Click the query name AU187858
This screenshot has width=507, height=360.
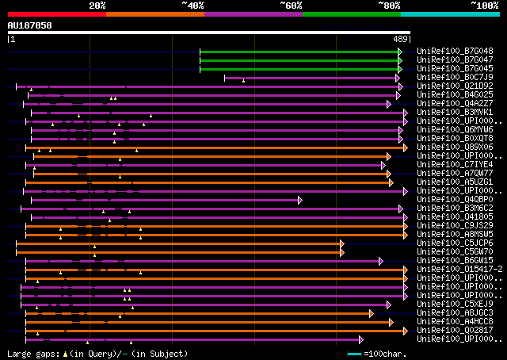coord(30,25)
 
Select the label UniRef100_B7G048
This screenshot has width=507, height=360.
coord(455,51)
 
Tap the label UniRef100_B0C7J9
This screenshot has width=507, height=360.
coord(455,77)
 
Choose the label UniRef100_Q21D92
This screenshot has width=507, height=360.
coord(455,86)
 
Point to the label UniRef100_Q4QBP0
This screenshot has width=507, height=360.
coord(455,200)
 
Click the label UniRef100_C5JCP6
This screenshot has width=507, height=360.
coord(455,243)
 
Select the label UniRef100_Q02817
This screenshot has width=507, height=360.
coord(455,331)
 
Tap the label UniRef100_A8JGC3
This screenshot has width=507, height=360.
coord(455,313)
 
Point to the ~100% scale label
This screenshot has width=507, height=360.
coord(485,5)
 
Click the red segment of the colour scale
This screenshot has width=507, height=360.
coord(56,13)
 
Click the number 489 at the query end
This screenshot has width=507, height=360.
coord(400,39)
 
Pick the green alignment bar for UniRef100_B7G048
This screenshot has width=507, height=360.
coord(300,51)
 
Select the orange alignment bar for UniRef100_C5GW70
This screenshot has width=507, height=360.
coord(178,252)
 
